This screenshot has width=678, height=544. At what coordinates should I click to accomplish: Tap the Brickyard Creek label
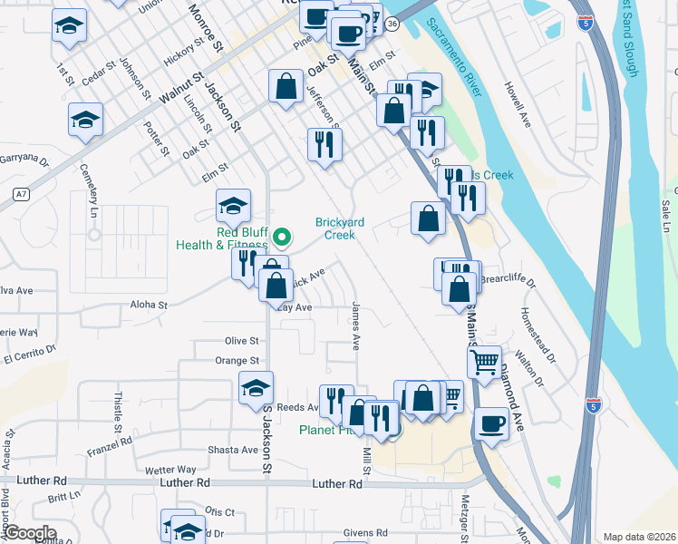334,228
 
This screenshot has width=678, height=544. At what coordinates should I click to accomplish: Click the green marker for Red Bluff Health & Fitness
282,238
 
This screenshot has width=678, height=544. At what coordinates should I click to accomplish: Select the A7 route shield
21,194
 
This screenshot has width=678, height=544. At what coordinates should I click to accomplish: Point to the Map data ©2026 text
638,537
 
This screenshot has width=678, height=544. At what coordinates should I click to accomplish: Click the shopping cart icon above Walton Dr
486,362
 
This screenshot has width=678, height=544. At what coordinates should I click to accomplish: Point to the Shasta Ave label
233,450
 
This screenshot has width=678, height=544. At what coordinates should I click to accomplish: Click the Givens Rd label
364,533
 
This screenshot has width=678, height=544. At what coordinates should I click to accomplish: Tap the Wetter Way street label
171,470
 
